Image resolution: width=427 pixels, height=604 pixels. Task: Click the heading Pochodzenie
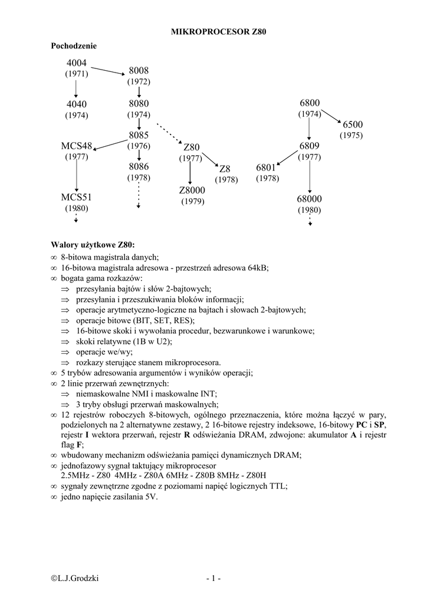74,46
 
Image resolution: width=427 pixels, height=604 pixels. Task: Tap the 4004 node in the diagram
77,63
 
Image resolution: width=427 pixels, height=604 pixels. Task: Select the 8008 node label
139,71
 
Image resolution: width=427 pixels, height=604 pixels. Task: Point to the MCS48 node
77,146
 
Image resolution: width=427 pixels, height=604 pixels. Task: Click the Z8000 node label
192,191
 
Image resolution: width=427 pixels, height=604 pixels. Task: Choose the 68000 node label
309,199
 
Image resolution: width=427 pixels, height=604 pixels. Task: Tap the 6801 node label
267,168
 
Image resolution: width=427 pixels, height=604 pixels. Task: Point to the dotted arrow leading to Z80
169,134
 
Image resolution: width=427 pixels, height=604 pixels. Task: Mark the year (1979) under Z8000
192,202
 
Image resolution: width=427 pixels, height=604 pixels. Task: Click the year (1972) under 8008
139,81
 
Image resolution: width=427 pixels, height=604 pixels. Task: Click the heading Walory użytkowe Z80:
93,245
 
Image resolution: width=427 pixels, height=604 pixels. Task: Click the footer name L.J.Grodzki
75,579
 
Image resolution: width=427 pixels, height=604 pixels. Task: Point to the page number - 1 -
213,579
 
